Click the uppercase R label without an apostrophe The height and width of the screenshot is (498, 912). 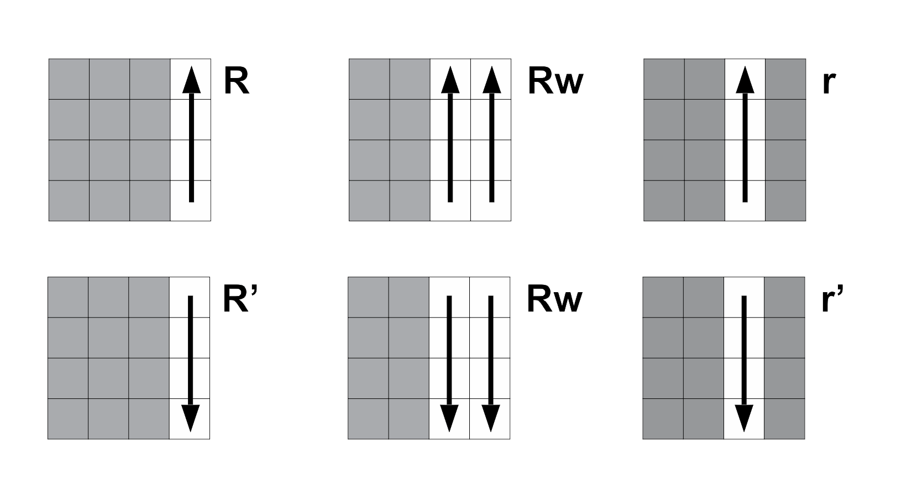[x=237, y=81]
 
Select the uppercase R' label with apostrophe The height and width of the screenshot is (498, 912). [x=239, y=299]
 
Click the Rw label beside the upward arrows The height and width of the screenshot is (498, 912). [x=555, y=81]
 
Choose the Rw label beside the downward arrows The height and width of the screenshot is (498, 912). [x=554, y=299]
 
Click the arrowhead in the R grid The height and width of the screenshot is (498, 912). [x=191, y=79]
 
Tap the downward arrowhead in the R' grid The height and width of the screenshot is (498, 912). [x=190, y=418]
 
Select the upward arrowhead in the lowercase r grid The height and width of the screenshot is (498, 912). [x=745, y=79]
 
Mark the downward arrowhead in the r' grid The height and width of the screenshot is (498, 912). [x=744, y=418]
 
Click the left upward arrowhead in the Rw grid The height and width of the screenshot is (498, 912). [x=450, y=79]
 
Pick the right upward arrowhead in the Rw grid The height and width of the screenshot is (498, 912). [x=491, y=79]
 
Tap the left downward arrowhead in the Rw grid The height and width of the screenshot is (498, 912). [x=449, y=418]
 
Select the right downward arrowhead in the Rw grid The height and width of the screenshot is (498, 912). [x=490, y=418]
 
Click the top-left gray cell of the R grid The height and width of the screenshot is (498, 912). [x=69, y=79]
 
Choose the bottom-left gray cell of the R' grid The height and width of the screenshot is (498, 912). [x=68, y=419]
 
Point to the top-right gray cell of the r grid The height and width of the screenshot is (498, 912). [x=785, y=79]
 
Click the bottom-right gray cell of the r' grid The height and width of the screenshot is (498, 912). [x=784, y=419]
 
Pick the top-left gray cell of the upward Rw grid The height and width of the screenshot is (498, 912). [x=369, y=79]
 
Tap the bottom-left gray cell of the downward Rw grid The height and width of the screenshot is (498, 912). [x=368, y=419]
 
